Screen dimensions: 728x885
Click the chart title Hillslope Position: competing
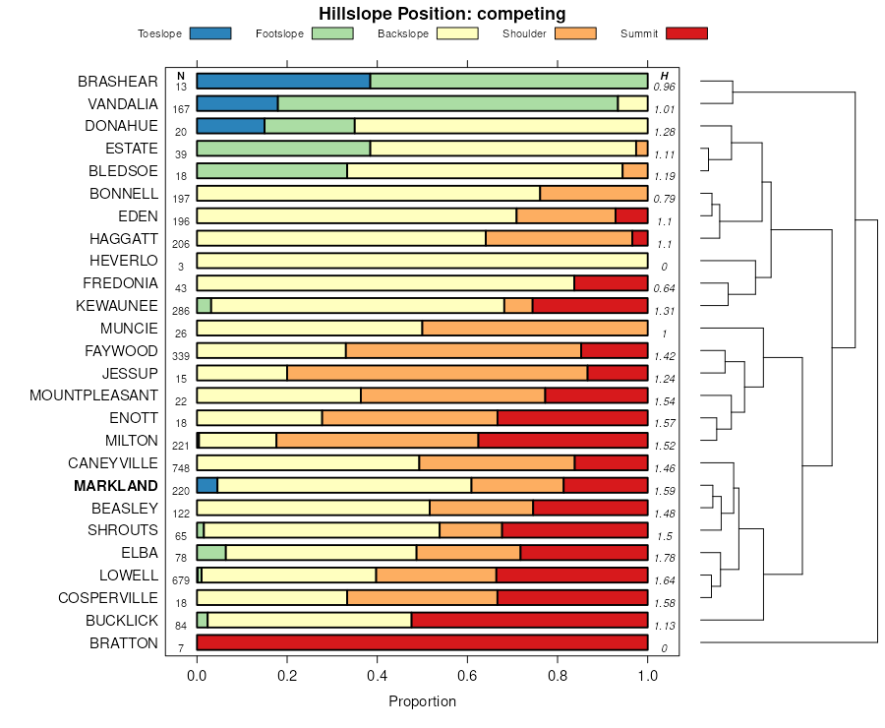pyautogui.click(x=442, y=14)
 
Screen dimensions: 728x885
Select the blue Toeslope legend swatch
pyautogui.click(x=209, y=33)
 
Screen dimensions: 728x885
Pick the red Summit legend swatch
pyautogui.click(x=686, y=33)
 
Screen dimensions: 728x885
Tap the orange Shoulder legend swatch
pyautogui.click(x=575, y=33)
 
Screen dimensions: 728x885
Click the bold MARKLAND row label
pyautogui.click(x=115, y=486)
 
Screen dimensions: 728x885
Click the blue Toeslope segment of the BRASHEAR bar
pyautogui.click(x=283, y=81)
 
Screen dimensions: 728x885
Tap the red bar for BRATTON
pyautogui.click(x=422, y=642)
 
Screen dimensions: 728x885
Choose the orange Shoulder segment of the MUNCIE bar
pyautogui.click(x=535, y=328)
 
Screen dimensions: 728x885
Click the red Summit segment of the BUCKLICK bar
pyautogui.click(x=529, y=620)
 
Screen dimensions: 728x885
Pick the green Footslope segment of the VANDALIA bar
pyautogui.click(x=447, y=103)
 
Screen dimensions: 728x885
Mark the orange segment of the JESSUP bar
pyautogui.click(x=437, y=373)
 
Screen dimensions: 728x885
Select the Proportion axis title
pyautogui.click(x=422, y=701)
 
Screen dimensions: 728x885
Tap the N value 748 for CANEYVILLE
pyautogui.click(x=180, y=468)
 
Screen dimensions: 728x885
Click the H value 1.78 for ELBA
pyautogui.click(x=664, y=558)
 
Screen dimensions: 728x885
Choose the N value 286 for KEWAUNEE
pyautogui.click(x=180, y=311)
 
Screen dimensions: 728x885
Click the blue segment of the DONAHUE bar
pyautogui.click(x=230, y=126)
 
